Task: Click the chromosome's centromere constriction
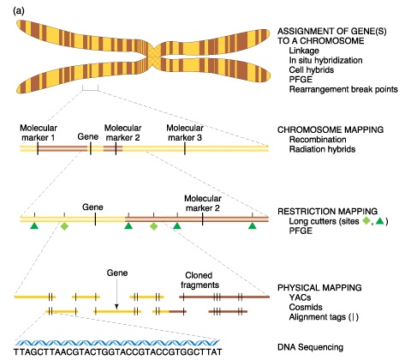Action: [x=153, y=55]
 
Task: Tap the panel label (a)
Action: [x=19, y=11]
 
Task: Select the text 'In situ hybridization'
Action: [x=325, y=60]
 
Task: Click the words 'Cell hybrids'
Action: [x=312, y=70]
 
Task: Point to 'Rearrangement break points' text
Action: [x=343, y=89]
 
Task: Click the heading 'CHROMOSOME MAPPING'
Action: [x=331, y=129]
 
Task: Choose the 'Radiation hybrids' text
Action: [x=322, y=149]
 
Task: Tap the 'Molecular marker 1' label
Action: [x=39, y=133]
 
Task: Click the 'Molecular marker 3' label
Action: [x=185, y=133]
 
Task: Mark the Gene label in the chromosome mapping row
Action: [x=88, y=136]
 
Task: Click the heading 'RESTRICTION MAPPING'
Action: [x=327, y=212]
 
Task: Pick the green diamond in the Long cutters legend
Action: [x=366, y=221]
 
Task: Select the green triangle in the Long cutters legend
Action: [x=379, y=221]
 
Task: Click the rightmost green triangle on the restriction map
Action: [x=252, y=226]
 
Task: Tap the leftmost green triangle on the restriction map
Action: [x=34, y=226]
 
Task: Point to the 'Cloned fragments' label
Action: [x=200, y=280]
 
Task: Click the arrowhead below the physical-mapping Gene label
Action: [x=116, y=307]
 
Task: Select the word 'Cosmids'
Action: [x=306, y=307]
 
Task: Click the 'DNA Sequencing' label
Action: [x=310, y=347]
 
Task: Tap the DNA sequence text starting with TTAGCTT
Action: [x=117, y=351]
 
